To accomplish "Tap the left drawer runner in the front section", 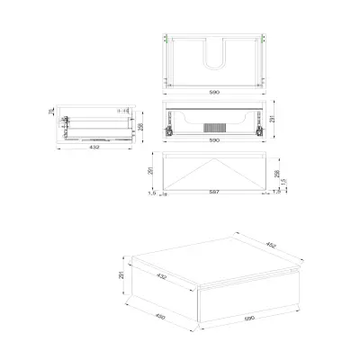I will coord(168,130).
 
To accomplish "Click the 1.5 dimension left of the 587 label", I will coord(154,193).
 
